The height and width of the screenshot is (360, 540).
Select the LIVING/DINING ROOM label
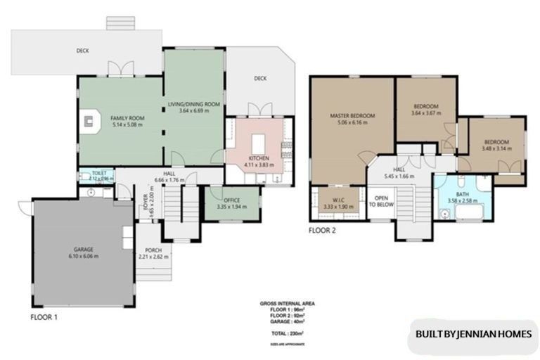coord(195,104)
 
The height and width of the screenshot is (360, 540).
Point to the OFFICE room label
coord(231,200)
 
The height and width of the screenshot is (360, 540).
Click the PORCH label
coord(153,250)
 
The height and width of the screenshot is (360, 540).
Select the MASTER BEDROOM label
coord(352,115)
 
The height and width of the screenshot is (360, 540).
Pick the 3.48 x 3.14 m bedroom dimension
coord(497,149)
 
